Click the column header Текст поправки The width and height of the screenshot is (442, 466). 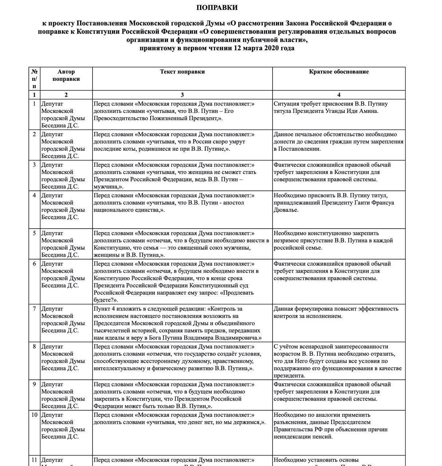coord(182,72)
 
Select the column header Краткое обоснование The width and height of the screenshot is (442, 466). coord(339,72)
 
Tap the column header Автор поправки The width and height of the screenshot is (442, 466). coord(66,75)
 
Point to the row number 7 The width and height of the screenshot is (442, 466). coord(34,309)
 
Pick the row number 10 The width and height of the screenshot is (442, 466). coord(34,415)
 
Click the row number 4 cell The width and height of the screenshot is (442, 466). coord(34,196)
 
